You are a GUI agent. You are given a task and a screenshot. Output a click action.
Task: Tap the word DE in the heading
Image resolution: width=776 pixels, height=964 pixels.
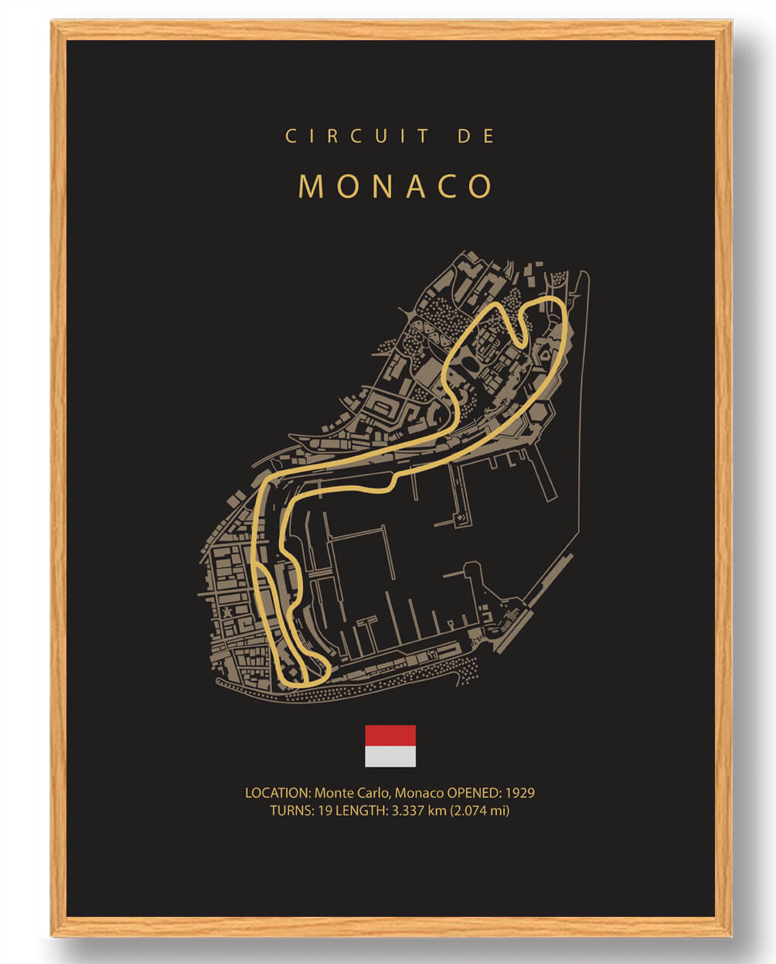[476, 136]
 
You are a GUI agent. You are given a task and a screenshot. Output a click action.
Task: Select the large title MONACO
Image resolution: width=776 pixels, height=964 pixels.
[395, 186]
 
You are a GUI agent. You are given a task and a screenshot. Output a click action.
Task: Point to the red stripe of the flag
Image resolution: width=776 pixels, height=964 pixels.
[390, 735]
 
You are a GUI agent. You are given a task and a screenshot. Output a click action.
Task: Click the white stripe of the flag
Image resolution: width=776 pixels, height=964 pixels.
[390, 756]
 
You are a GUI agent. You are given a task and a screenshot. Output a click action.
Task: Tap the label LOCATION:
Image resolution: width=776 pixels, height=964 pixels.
[277, 793]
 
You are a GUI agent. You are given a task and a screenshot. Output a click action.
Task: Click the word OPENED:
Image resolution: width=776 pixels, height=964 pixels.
[475, 793]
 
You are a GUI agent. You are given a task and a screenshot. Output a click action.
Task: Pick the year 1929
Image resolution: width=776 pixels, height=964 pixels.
[519, 793]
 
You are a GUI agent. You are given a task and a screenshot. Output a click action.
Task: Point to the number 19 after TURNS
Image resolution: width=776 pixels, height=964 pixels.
[325, 811]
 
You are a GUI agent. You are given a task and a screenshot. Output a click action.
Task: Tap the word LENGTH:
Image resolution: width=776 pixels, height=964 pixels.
[363, 811]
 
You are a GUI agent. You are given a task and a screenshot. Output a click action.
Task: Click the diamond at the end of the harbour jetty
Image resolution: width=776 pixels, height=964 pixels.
[461, 516]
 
